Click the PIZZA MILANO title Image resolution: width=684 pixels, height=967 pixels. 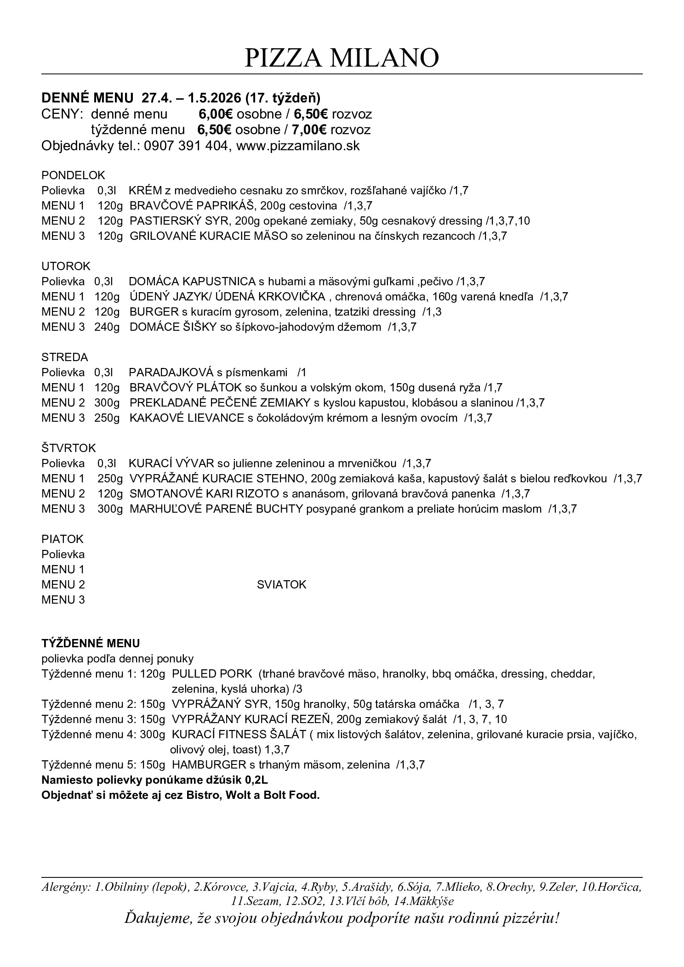point(342,58)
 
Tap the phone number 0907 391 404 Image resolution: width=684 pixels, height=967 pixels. point(185,146)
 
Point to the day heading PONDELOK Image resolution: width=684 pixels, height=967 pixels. point(73,175)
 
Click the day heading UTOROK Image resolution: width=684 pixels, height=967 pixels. point(66,266)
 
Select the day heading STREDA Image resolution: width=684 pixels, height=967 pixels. point(65,357)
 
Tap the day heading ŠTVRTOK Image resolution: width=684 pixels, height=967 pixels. point(68,448)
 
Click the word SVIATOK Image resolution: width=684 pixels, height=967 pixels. point(281,584)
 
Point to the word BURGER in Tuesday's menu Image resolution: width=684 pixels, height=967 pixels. point(154,311)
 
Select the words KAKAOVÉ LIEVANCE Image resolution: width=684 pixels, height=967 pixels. point(187,418)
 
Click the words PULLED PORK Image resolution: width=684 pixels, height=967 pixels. point(212,674)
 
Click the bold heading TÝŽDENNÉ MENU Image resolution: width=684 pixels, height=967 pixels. point(91,643)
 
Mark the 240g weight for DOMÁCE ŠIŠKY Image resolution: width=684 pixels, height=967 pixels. point(107,327)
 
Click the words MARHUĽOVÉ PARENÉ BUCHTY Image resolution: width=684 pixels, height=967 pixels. point(216,509)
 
